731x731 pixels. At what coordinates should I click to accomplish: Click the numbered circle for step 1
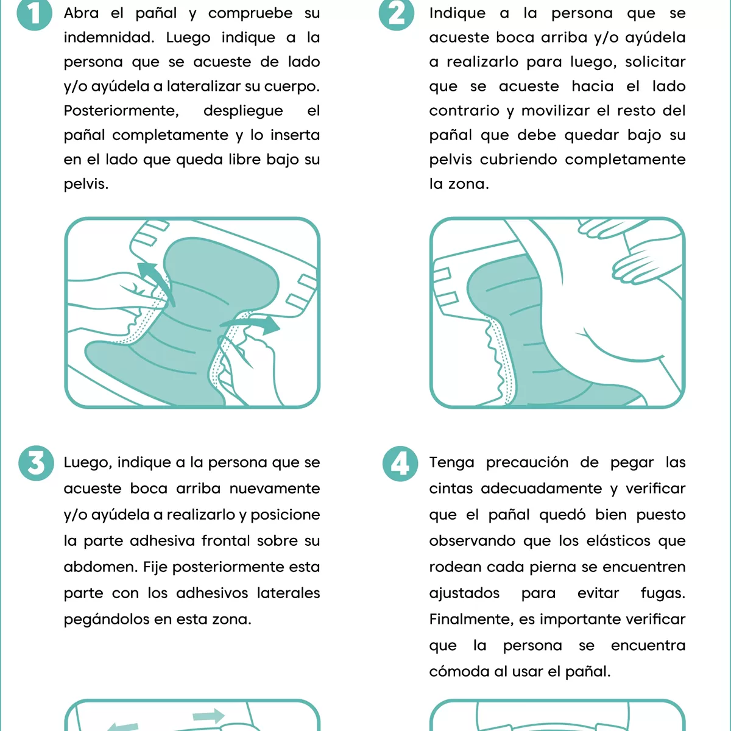tap(34, 13)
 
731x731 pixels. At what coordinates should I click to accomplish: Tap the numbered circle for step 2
tap(397, 13)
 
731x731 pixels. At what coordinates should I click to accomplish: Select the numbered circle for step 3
tap(36, 464)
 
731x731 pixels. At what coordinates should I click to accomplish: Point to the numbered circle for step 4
tap(400, 464)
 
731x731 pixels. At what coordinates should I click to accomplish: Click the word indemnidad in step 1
tap(108, 38)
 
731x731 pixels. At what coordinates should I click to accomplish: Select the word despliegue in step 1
tap(243, 111)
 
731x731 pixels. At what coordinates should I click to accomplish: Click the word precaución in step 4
tap(527, 463)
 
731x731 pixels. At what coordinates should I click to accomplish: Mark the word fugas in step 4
tap(663, 593)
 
